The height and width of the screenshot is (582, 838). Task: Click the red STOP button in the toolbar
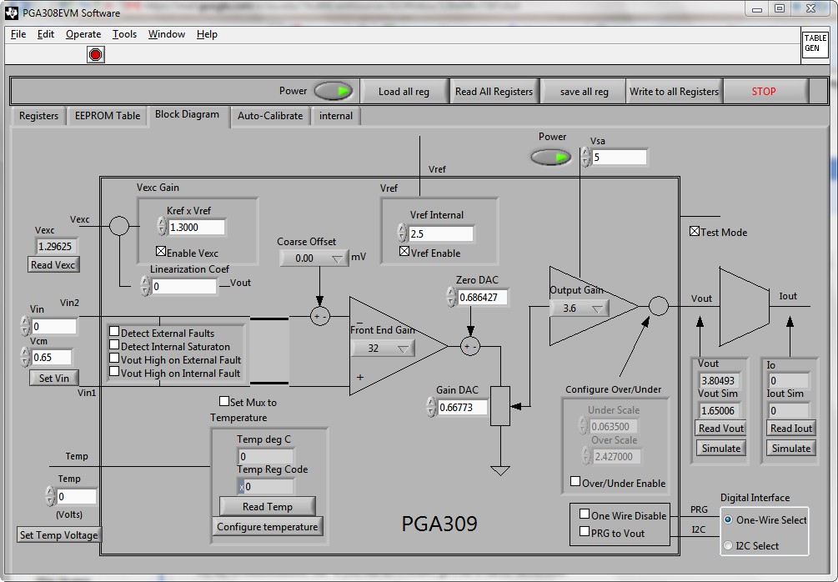[764, 92]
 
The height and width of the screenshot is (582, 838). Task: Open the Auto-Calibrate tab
[269, 116]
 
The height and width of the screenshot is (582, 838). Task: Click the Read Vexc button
[53, 265]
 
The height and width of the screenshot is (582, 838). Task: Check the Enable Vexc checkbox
[162, 253]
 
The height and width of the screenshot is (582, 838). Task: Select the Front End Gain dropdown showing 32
[382, 349]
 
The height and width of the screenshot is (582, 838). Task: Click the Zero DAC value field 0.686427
[483, 297]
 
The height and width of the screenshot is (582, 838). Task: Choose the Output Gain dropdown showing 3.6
[580, 309]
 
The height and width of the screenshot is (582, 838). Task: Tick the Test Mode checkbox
[695, 232]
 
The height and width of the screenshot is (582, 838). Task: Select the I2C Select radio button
[728, 546]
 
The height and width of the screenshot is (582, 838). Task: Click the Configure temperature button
[268, 527]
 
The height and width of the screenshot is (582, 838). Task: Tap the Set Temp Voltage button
[58, 535]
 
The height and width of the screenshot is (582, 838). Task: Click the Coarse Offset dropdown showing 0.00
[313, 258]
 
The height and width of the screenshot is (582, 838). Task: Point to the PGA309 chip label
[439, 524]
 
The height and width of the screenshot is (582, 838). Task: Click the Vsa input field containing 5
[620, 157]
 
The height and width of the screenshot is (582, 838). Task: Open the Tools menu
[124, 34]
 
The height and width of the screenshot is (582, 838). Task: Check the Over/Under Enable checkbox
[575, 482]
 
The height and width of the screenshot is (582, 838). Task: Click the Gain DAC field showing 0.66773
[462, 408]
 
